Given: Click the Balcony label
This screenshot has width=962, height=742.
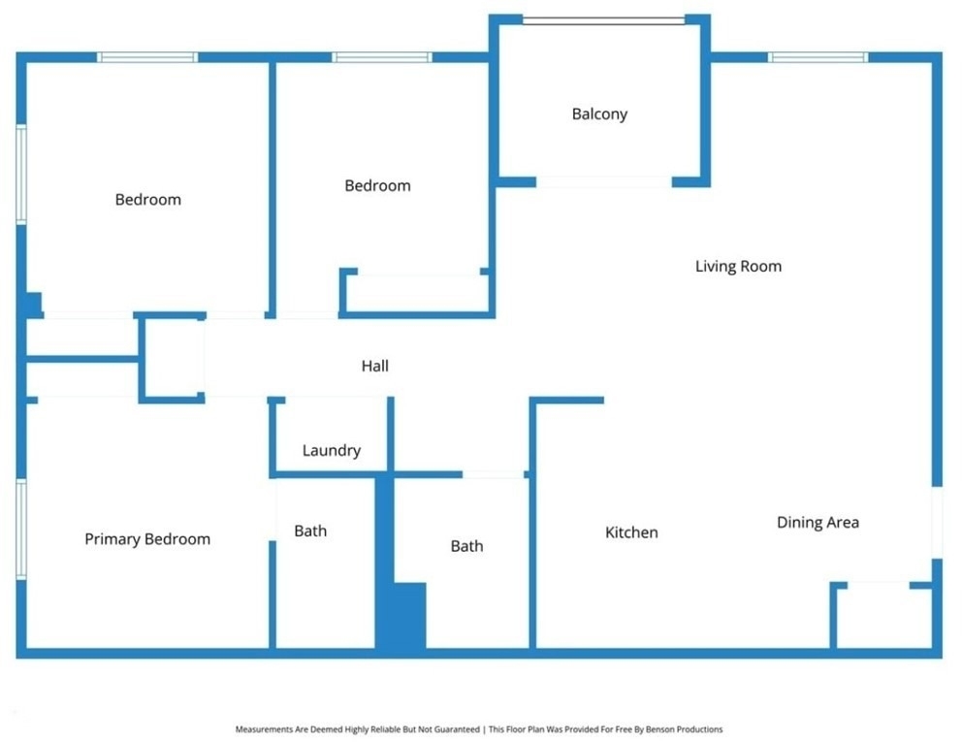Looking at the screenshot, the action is (599, 114).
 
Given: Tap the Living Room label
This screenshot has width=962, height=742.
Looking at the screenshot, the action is (738, 266).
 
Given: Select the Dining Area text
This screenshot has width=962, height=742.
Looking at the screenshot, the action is (818, 522).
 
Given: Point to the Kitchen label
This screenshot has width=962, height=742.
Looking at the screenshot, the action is (631, 532).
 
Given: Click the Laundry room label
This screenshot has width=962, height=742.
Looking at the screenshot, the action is (332, 450).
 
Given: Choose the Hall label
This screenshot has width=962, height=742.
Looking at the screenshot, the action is (375, 366).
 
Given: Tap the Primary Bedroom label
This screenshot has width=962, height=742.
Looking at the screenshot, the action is (147, 539).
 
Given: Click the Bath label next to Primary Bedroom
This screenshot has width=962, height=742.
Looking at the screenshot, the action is (310, 531).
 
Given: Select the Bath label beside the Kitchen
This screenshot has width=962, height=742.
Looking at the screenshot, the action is (466, 546).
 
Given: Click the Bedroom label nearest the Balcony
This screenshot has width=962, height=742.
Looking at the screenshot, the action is (378, 185).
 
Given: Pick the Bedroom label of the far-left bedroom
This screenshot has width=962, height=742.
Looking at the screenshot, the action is (147, 200).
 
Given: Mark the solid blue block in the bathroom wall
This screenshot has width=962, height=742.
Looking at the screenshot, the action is (400, 616).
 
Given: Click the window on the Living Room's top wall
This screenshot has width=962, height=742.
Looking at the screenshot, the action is (818, 57).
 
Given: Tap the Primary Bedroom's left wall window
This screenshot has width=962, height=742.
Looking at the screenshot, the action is (21, 529).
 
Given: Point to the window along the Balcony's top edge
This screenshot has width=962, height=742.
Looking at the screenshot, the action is (604, 21).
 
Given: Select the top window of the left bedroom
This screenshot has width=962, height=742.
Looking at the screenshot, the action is (147, 57).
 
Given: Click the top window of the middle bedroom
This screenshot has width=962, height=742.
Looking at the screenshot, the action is (382, 57).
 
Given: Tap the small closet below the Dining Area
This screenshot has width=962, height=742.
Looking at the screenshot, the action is (884, 616).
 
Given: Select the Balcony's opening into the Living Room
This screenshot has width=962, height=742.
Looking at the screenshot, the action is (604, 182).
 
